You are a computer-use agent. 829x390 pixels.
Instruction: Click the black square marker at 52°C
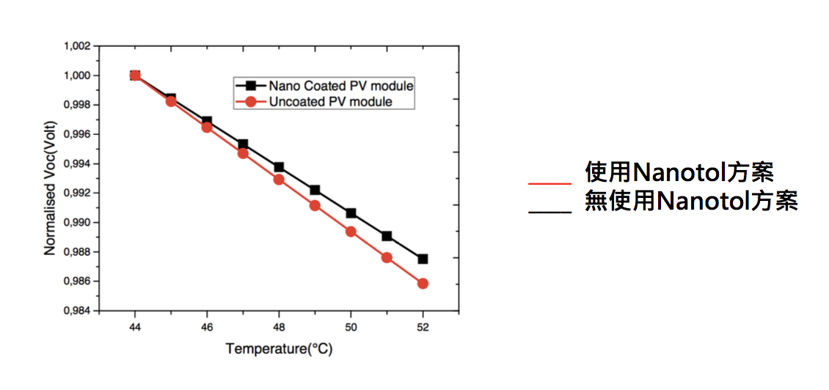[423, 259]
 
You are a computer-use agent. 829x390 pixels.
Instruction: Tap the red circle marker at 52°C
[423, 284]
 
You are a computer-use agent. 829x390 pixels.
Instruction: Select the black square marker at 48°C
[279, 167]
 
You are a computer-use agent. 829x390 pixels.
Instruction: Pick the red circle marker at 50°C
[351, 232]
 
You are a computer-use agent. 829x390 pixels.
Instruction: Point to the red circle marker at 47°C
[243, 153]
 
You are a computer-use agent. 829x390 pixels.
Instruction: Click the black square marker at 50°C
[351, 213]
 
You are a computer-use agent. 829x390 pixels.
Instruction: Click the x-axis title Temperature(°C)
[279, 349]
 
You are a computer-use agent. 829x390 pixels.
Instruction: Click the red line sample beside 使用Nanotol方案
[549, 183]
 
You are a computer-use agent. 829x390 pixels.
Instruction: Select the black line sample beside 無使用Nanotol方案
[549, 211]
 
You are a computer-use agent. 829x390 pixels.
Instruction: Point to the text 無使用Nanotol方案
[691, 200]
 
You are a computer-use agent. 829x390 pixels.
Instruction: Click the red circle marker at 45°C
[171, 101]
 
